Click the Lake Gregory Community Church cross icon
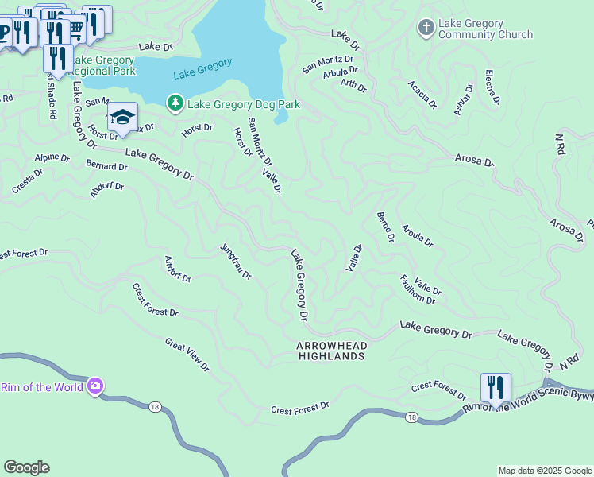(426, 29)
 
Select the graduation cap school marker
(122, 118)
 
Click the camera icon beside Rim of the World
(96, 386)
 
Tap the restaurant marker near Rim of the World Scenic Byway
(496, 388)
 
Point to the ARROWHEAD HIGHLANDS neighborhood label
(331, 351)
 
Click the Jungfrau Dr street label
(236, 262)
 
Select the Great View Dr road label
(187, 355)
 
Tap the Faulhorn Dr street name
(418, 290)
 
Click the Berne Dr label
(386, 227)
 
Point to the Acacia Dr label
(422, 94)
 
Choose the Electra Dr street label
(492, 88)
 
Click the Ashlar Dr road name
(463, 99)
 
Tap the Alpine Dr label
(52, 157)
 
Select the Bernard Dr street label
(106, 167)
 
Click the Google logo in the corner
(26, 467)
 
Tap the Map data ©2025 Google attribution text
(545, 471)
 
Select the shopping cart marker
(76, 29)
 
